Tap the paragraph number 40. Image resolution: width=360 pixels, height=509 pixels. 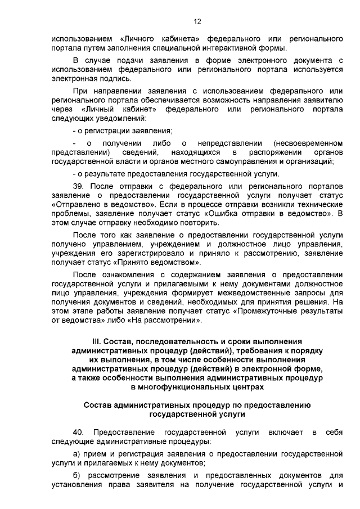click(x=79, y=431)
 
